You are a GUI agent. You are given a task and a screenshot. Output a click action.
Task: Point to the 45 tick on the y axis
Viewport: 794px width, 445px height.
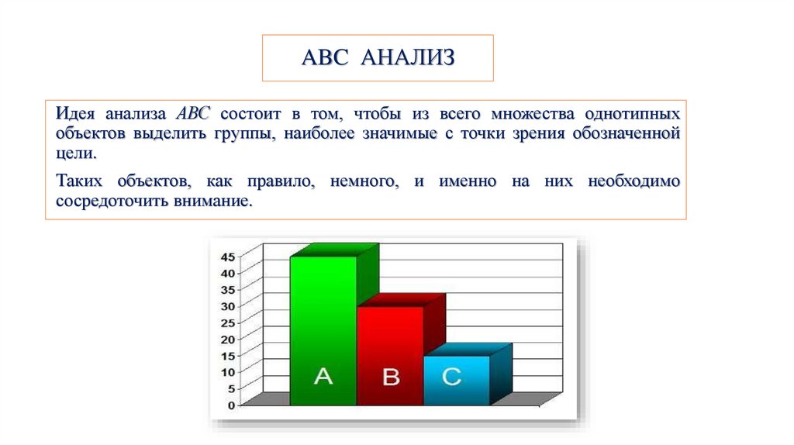[x=228, y=257]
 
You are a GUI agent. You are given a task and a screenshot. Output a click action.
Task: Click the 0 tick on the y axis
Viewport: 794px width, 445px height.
[x=231, y=405]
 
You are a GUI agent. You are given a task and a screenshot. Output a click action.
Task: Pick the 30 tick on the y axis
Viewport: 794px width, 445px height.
[x=228, y=306]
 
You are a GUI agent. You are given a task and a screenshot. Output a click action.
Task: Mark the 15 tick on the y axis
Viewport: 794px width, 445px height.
[x=228, y=356]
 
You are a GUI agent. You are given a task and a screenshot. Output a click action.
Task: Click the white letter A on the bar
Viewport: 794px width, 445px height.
[x=323, y=377]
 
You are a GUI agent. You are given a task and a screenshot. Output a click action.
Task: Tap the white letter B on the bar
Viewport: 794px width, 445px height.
[x=391, y=378]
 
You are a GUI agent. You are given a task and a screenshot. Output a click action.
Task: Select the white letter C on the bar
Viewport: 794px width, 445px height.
[x=452, y=377]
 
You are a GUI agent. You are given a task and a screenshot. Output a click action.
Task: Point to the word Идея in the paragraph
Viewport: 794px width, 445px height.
[x=75, y=113]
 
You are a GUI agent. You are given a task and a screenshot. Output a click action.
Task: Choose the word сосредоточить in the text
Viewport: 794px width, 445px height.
[x=107, y=201]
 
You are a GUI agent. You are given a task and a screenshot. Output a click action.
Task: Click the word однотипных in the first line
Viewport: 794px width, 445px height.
[x=633, y=113]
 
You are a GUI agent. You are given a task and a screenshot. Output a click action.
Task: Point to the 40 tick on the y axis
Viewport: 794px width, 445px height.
[x=228, y=273]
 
